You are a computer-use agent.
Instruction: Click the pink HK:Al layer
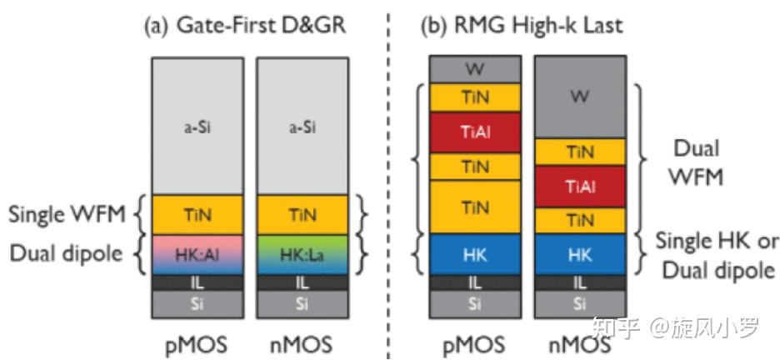[x=196, y=253]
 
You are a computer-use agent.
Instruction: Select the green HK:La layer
[x=302, y=253]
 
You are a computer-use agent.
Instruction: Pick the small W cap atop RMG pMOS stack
[x=475, y=68]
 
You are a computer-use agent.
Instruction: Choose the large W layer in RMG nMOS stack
[x=579, y=97]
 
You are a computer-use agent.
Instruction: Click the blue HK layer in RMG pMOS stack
[x=475, y=253]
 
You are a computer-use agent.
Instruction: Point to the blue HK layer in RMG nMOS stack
[x=579, y=253]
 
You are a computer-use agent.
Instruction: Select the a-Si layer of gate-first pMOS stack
[x=196, y=127]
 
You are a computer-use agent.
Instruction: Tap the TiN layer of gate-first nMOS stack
[x=302, y=214]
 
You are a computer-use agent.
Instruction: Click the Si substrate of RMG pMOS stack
[x=475, y=305]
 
